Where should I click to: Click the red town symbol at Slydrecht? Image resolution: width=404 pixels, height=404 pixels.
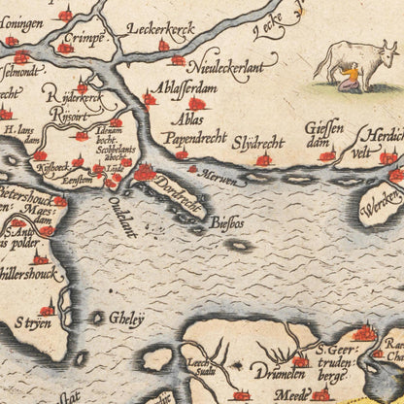(x=262, y=159)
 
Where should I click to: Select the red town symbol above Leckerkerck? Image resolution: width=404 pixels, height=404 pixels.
(x=163, y=46)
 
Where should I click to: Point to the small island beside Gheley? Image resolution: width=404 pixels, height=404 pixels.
(x=98, y=317)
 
